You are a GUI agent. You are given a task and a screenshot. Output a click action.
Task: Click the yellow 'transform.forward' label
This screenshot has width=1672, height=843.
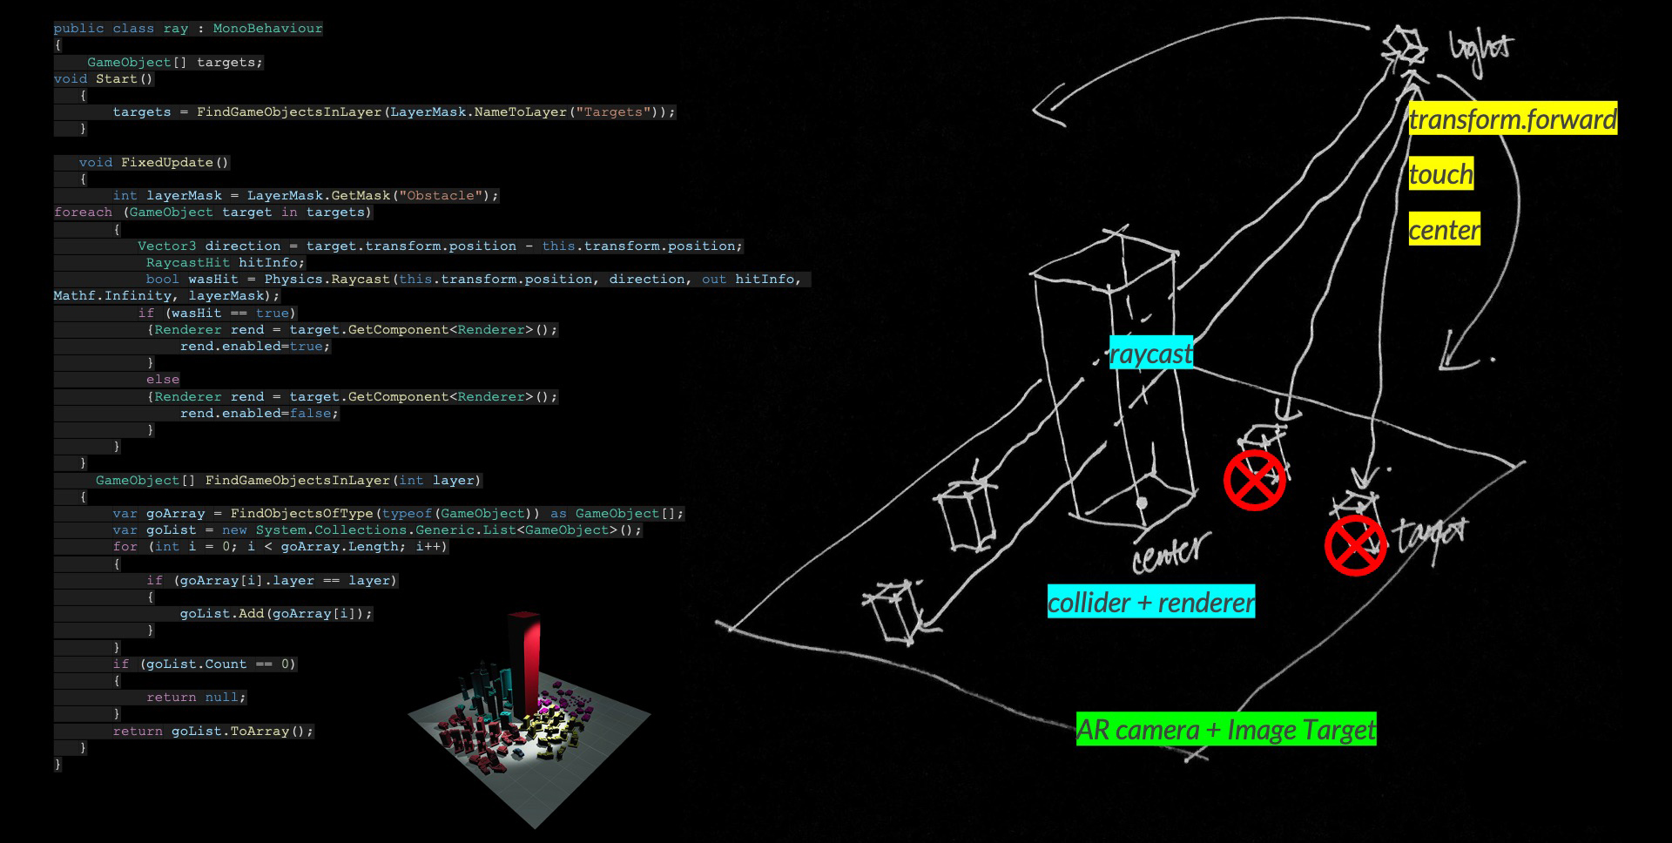coord(1513,118)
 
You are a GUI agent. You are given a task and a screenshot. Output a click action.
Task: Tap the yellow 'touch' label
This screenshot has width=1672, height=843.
coord(1441,174)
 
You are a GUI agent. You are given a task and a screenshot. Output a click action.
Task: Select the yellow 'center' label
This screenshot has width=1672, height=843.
coord(1444,230)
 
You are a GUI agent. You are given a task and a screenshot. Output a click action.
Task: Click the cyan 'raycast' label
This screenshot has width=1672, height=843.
coord(1150,354)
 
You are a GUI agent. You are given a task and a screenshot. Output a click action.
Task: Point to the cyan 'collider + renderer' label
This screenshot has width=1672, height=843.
coord(1150,602)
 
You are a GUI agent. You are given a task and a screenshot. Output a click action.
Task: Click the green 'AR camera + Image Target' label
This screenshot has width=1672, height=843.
coord(1225,729)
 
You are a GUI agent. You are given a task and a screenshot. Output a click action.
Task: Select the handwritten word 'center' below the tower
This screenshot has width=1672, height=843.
coord(1170,552)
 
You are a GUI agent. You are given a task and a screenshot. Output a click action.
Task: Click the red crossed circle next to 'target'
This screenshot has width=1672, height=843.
coord(1355,546)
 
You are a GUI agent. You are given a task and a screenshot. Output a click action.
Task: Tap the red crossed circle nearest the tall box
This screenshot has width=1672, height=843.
coord(1254,480)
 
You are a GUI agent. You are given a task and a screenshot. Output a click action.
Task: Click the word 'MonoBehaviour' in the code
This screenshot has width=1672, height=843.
coord(267,29)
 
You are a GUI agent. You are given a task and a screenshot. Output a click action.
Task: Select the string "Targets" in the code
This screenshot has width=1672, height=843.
coord(613,112)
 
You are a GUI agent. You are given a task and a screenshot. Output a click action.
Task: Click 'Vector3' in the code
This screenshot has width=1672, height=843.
coord(166,246)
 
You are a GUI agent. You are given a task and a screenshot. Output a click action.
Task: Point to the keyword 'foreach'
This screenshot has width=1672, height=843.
coord(83,212)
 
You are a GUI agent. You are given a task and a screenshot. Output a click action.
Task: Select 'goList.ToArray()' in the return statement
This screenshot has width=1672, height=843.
coord(240,732)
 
